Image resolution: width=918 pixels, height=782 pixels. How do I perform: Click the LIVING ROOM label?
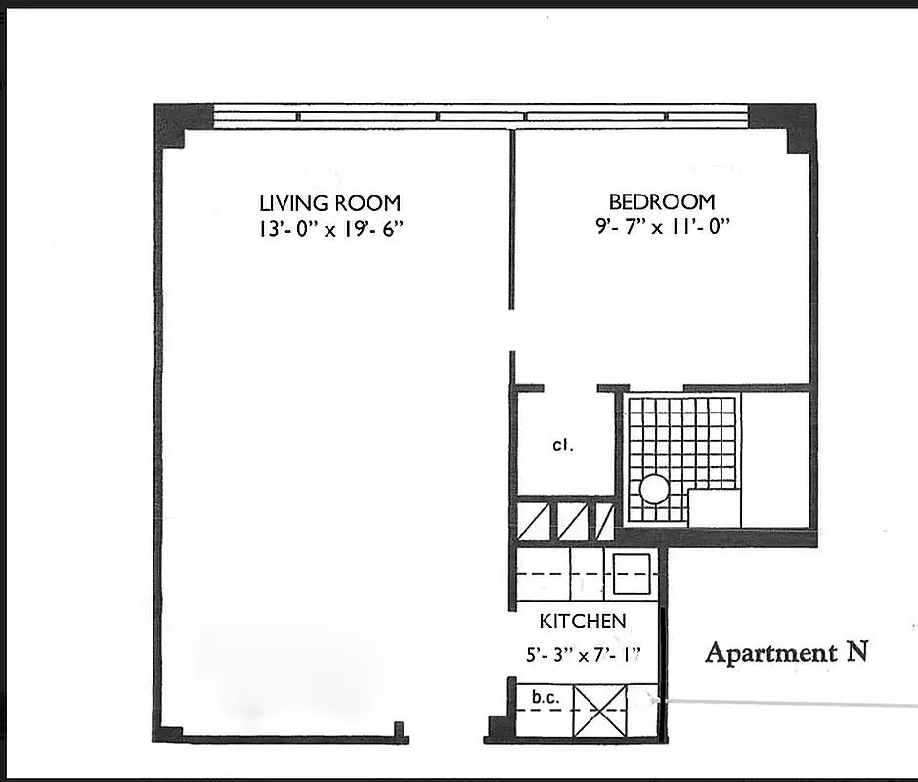click(329, 203)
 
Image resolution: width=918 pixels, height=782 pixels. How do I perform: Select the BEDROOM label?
click(662, 202)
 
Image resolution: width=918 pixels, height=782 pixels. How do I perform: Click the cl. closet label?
click(561, 445)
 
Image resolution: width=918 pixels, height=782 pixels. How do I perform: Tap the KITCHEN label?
click(583, 621)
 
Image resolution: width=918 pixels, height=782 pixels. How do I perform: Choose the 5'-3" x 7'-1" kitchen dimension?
click(584, 654)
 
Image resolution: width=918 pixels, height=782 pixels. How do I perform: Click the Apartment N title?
click(786, 652)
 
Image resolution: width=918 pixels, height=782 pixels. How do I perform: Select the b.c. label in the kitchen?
click(544, 698)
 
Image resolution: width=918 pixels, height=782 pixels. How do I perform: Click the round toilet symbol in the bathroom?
click(653, 489)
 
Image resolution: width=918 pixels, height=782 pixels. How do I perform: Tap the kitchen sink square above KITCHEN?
click(632, 574)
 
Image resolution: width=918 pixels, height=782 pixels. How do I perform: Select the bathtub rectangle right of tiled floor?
click(776, 457)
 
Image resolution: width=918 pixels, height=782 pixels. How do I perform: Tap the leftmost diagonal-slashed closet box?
click(533, 520)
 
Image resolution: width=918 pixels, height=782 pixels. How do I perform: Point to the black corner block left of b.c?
click(499, 728)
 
